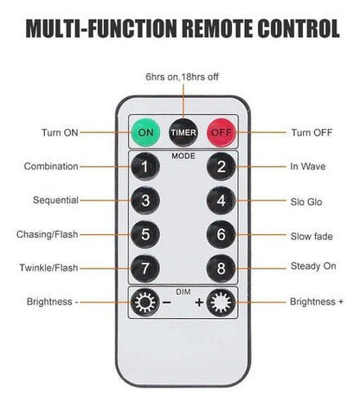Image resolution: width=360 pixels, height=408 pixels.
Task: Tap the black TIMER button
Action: tap(183, 132)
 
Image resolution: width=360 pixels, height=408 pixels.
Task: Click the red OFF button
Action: tap(222, 132)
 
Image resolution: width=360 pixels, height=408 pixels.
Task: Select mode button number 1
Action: tap(145, 167)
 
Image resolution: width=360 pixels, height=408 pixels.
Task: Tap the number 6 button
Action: tap(222, 234)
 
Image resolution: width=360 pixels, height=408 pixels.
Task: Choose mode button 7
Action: tap(145, 268)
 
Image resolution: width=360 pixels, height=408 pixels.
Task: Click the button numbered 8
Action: tap(222, 268)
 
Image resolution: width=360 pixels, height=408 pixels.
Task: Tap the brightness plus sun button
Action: tap(222, 303)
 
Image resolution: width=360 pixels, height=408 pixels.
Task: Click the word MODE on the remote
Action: tap(183, 156)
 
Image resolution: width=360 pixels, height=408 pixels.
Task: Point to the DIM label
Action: tap(183, 292)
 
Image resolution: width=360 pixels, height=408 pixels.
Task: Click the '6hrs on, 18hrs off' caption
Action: tap(182, 77)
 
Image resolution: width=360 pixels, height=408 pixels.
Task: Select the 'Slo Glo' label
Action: tap(306, 201)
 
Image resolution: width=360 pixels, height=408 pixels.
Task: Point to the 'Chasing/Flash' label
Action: tap(48, 234)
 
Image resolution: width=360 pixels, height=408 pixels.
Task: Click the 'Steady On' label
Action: tap(313, 266)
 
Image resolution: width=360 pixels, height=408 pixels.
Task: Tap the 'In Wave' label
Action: tap(308, 166)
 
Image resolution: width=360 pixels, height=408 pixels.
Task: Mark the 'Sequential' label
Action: tap(55, 200)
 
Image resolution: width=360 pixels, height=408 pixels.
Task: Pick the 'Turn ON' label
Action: tap(60, 132)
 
